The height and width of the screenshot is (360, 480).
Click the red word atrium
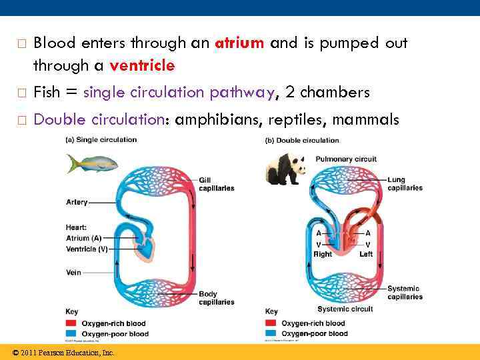240,43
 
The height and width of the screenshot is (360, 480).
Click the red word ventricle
142,65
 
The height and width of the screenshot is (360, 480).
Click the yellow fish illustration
92,163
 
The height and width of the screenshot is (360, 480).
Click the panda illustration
285,169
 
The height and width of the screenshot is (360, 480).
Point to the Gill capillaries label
216,184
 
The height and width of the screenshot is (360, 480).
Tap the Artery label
77,202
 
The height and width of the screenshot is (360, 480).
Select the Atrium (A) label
84,238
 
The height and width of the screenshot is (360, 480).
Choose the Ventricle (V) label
87,249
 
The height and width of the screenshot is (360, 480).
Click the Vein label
73,272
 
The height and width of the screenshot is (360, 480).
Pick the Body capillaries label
216,298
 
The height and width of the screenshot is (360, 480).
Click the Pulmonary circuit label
346,159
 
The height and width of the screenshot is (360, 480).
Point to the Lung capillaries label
405,184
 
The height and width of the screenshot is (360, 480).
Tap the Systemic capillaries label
405,293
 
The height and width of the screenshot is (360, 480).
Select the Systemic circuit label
344,309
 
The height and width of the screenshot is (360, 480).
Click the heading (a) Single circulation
101,139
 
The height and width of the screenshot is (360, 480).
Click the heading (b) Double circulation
302,140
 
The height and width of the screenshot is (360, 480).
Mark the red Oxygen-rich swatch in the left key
71,324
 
